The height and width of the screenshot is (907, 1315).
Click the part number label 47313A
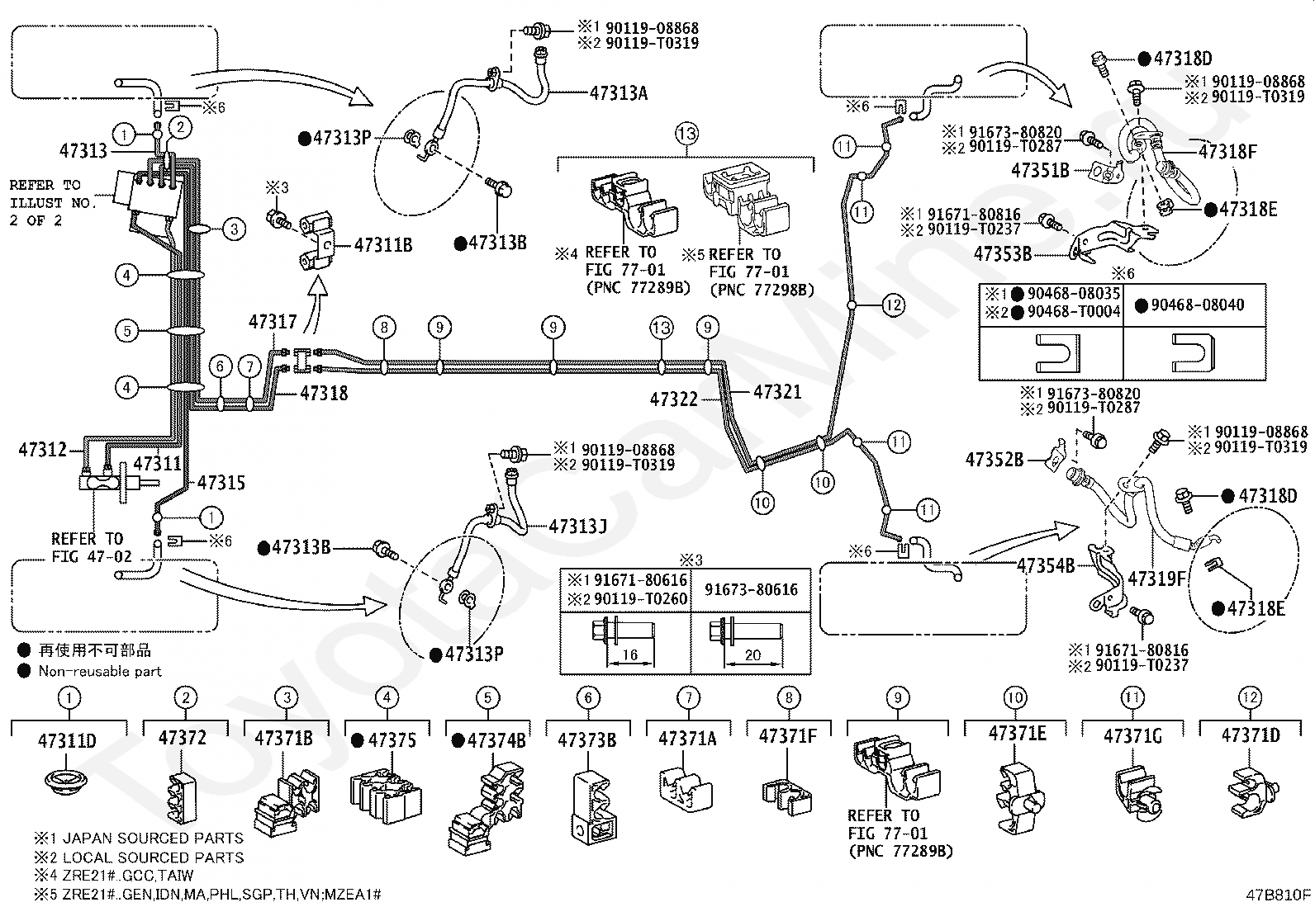(x=618, y=92)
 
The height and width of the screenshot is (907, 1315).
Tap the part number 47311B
(x=383, y=244)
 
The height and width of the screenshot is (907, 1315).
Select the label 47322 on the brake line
(x=674, y=399)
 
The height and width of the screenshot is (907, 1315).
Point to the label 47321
(x=777, y=391)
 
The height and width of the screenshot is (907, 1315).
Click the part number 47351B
(x=1040, y=170)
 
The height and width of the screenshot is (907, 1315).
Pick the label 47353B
(x=1003, y=254)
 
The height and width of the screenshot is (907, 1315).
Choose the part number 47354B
(x=1046, y=565)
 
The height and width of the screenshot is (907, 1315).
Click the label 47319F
(x=1157, y=579)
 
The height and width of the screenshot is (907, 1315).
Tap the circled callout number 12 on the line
(x=894, y=305)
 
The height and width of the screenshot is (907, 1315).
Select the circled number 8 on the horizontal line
(x=384, y=328)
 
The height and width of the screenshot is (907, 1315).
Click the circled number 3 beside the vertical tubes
(x=235, y=229)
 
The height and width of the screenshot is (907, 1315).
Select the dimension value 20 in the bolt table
(x=752, y=654)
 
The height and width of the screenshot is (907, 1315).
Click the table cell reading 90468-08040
(x=1194, y=305)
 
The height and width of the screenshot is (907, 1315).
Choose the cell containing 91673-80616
(x=751, y=589)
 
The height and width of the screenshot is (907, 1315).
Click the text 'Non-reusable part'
(x=100, y=671)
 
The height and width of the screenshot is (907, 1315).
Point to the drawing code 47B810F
(x=1278, y=895)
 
